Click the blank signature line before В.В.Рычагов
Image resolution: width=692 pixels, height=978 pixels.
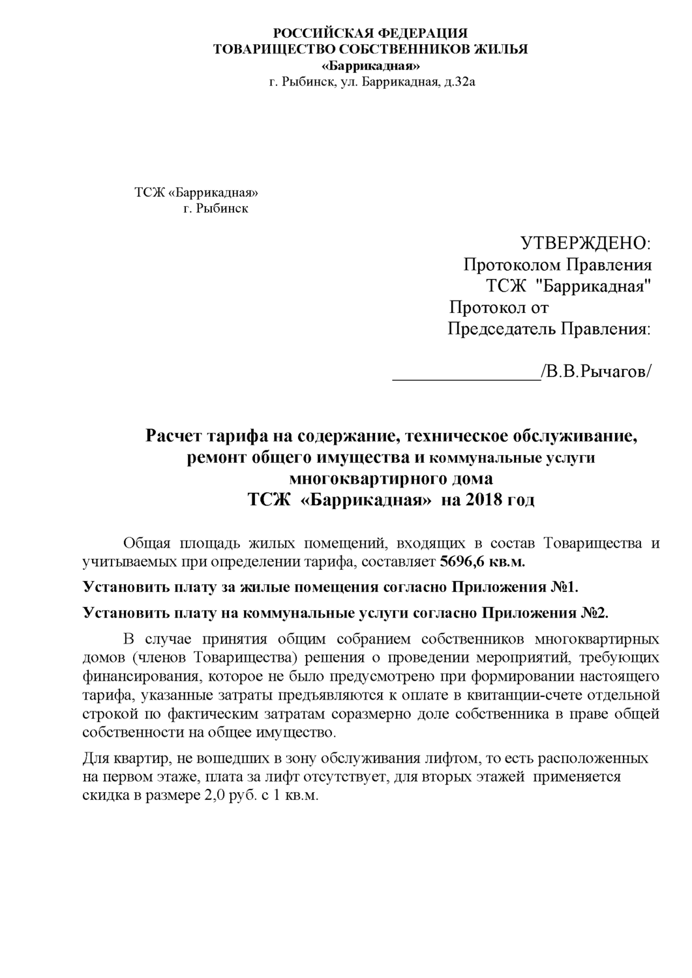tap(465, 373)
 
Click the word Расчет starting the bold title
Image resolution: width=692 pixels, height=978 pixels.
tap(173, 435)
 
